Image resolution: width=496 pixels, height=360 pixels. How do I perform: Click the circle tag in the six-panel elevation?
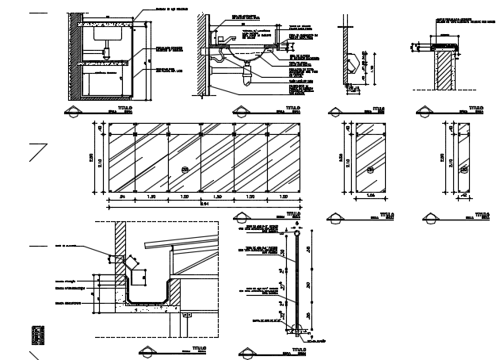(x=185, y=168)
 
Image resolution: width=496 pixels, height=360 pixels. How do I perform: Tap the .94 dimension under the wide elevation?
(x=123, y=196)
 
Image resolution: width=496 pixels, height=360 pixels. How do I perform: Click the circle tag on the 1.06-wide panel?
(x=370, y=168)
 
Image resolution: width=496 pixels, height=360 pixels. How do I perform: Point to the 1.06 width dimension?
(x=370, y=196)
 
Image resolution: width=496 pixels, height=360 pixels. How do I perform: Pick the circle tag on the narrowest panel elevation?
(x=464, y=169)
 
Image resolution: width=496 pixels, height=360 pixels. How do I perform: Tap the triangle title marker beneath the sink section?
(x=239, y=110)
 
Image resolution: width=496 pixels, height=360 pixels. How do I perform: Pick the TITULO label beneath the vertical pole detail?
(x=298, y=348)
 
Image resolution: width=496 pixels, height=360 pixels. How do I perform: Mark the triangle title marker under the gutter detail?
(x=149, y=350)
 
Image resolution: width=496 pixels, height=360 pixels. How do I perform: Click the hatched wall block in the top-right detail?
(x=444, y=75)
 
